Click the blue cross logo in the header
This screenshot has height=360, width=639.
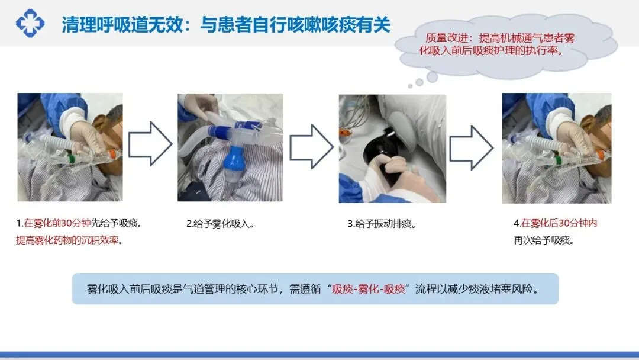[30, 23]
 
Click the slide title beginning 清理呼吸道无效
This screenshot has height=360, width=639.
[226, 25]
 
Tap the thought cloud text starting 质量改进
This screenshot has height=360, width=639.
[497, 44]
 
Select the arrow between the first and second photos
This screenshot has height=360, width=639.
[150, 143]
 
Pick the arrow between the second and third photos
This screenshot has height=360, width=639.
[311, 147]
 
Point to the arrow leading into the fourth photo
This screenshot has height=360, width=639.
[471, 147]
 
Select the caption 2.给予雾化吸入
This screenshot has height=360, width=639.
[220, 224]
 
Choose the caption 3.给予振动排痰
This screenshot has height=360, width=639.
[382, 224]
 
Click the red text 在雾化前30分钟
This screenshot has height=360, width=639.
[57, 223]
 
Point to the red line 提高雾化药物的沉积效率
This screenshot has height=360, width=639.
[67, 240]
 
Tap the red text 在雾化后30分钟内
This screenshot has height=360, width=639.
[559, 223]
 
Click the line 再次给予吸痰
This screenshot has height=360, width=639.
[544, 240]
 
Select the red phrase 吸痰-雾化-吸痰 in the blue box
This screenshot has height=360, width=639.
[369, 289]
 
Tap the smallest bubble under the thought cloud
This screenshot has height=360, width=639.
[410, 86]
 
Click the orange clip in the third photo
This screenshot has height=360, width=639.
[345, 133]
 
